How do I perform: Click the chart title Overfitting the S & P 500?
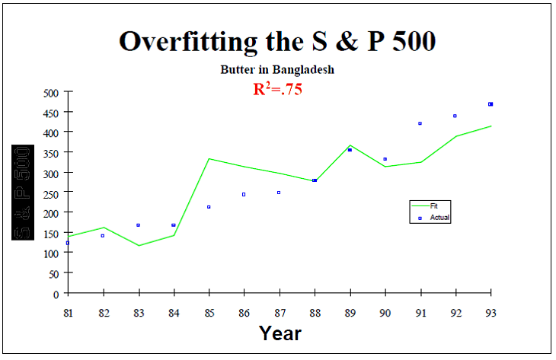pos(277,41)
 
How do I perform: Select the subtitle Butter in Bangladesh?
pos(277,69)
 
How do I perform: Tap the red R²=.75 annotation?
pos(278,88)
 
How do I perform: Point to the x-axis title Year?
pos(280,333)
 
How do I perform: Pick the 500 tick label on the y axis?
pos(50,93)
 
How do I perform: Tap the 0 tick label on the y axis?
pos(56,294)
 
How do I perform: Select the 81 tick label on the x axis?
pos(69,312)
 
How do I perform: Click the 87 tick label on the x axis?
pos(280,312)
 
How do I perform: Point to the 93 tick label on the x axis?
pos(490,312)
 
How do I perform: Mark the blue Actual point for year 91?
pos(420,123)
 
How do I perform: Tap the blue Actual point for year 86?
pos(244,194)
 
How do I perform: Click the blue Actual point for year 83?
pos(138,225)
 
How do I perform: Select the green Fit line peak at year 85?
pos(209,159)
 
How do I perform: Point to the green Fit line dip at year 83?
pos(139,245)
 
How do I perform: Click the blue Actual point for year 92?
pos(455,116)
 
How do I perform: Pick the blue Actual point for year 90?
pos(385,159)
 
